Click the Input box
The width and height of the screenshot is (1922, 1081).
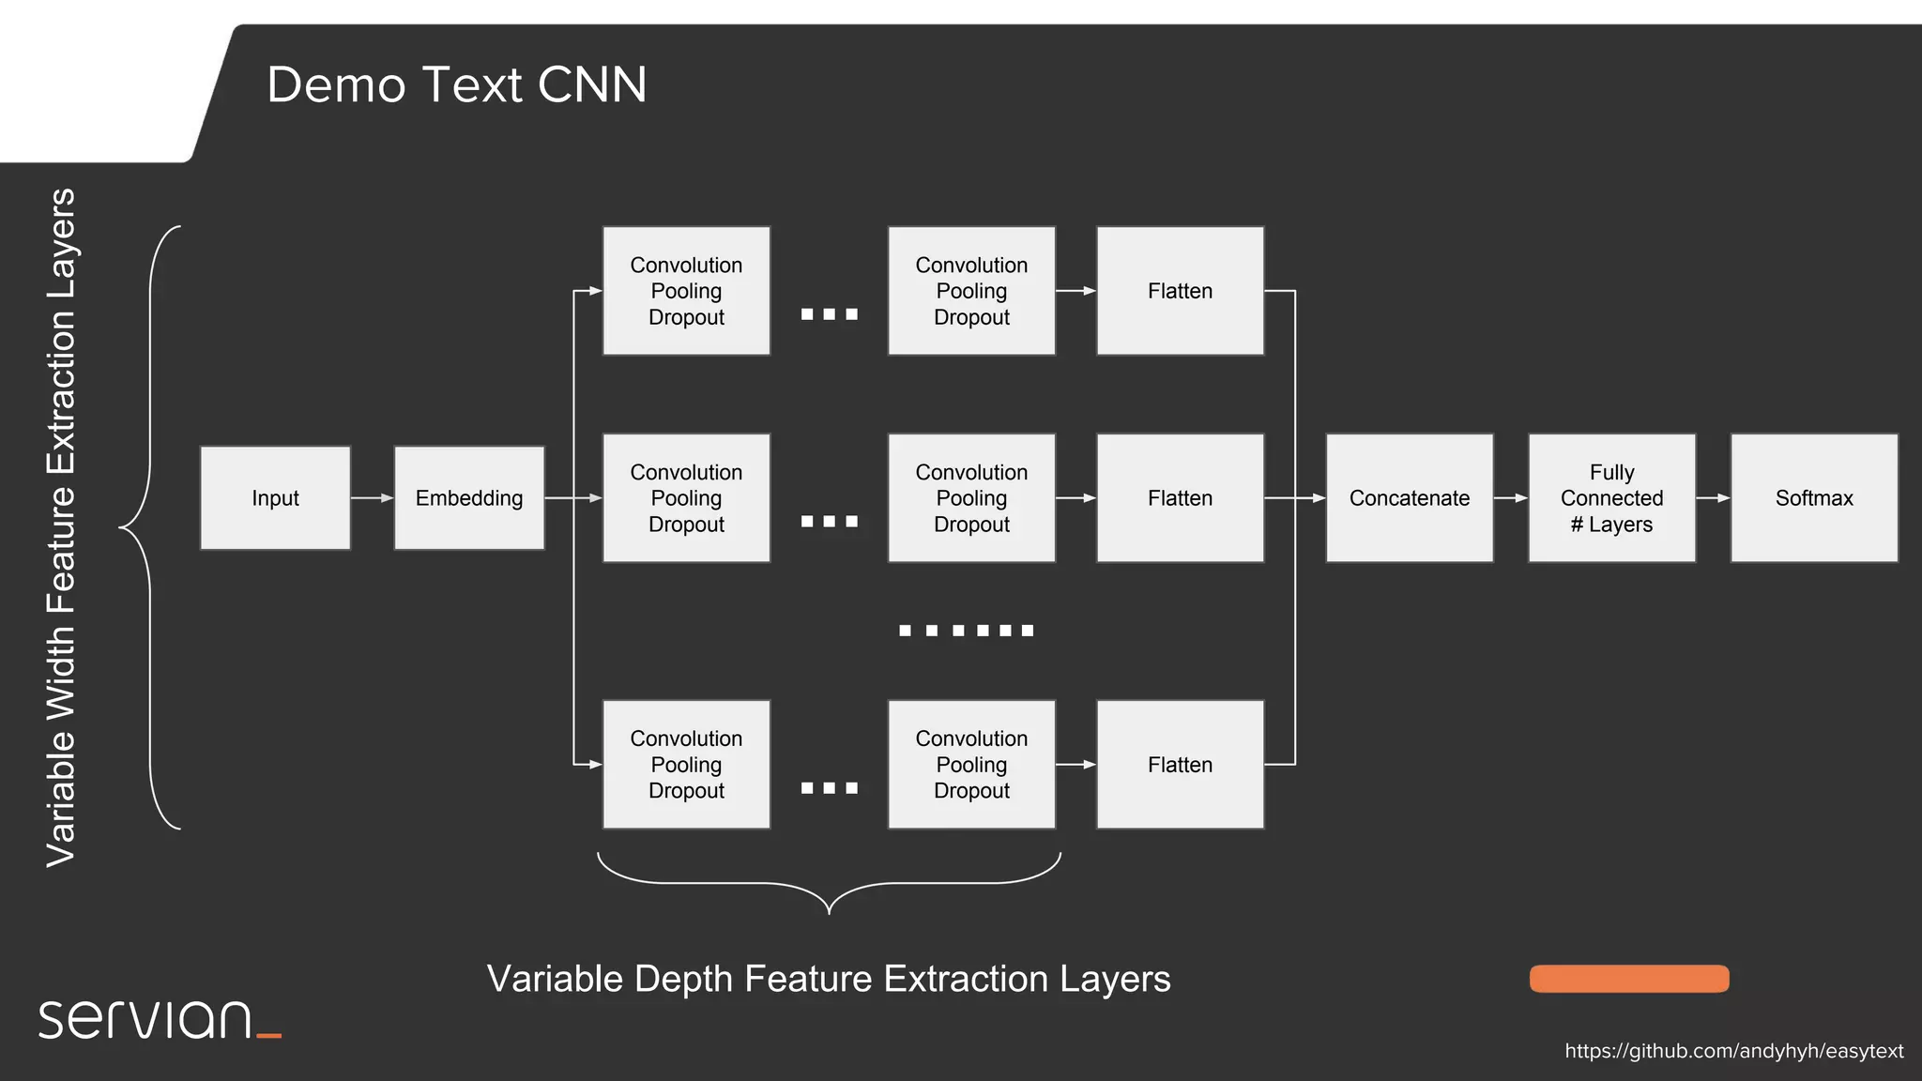(275, 498)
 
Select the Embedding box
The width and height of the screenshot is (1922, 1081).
(469, 498)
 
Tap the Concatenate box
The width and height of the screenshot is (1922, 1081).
(1409, 498)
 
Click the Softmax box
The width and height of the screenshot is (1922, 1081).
(1813, 498)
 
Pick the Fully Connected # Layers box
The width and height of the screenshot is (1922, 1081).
(1611, 498)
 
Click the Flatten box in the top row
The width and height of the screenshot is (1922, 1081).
(1180, 291)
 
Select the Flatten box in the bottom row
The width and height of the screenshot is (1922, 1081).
(1180, 765)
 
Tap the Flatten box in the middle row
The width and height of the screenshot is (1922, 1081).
(1180, 498)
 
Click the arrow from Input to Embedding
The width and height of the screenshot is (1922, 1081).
(372, 498)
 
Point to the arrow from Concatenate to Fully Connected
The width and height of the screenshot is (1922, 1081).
(1510, 498)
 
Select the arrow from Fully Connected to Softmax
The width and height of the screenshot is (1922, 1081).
(1713, 498)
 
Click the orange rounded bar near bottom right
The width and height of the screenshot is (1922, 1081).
(1629, 979)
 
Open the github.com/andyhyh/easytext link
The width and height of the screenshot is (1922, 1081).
(1733, 1051)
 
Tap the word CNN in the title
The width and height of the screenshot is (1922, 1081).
(592, 84)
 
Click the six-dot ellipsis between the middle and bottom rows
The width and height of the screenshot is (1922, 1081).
(966, 631)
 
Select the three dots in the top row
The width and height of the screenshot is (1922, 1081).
(829, 314)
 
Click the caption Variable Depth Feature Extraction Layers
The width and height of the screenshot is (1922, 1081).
(829, 979)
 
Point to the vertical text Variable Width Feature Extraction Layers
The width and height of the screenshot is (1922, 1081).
(61, 527)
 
